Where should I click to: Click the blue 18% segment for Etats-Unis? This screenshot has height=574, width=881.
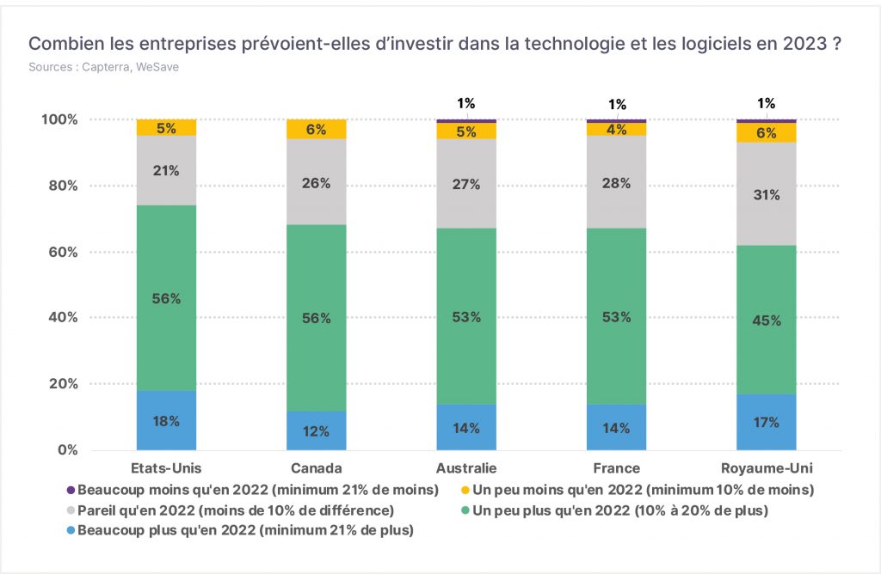click(166, 420)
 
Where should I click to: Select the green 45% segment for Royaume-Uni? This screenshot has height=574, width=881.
click(767, 320)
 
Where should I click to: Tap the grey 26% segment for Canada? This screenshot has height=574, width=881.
click(317, 182)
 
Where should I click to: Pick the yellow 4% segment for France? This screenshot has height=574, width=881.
click(616, 129)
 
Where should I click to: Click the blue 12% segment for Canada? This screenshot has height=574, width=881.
click(317, 430)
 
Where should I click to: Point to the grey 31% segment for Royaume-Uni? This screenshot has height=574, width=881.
click(767, 193)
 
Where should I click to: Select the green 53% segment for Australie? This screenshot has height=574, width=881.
click(466, 316)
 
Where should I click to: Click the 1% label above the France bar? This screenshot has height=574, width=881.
click(617, 104)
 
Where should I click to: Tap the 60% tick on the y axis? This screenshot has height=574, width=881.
click(63, 252)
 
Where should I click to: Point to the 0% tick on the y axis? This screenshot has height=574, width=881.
click(67, 450)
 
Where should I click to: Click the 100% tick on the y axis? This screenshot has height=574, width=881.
click(59, 119)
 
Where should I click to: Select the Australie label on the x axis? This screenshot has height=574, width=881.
click(466, 468)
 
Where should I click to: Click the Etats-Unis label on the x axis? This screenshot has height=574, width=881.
click(166, 468)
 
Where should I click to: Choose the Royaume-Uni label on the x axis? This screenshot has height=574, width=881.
click(767, 468)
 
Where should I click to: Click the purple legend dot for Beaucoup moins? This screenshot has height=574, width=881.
click(71, 490)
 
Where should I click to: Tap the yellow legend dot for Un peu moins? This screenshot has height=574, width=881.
click(465, 490)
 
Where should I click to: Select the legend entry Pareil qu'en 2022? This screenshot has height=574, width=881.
click(231, 510)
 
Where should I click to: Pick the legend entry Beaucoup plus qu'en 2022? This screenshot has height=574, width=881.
click(240, 530)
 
